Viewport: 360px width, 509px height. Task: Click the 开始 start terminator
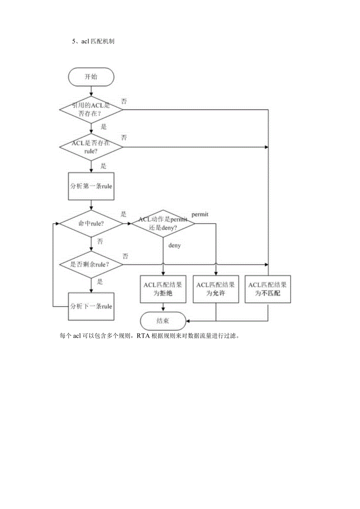[91, 77]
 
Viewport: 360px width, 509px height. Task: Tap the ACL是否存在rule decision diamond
[91, 147]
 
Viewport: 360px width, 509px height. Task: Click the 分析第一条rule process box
[91, 186]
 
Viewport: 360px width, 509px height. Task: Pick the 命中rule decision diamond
[91, 224]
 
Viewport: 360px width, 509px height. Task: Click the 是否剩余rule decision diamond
[91, 264]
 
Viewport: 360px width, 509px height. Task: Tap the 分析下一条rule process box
[91, 306]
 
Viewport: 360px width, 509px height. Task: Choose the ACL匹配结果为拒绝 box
[163, 289]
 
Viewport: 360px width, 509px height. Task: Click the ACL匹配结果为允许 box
[216, 289]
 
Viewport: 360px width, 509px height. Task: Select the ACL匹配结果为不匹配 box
[268, 289]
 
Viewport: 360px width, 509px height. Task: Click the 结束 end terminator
[163, 321]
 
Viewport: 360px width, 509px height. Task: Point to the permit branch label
[200, 214]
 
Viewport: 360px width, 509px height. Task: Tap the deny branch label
[175, 246]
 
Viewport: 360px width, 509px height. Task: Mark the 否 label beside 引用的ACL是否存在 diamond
[124, 101]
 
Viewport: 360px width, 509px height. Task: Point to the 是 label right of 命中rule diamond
[124, 214]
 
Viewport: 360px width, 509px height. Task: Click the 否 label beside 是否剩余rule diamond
[125, 256]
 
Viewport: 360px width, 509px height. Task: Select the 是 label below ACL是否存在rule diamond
[103, 165]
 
